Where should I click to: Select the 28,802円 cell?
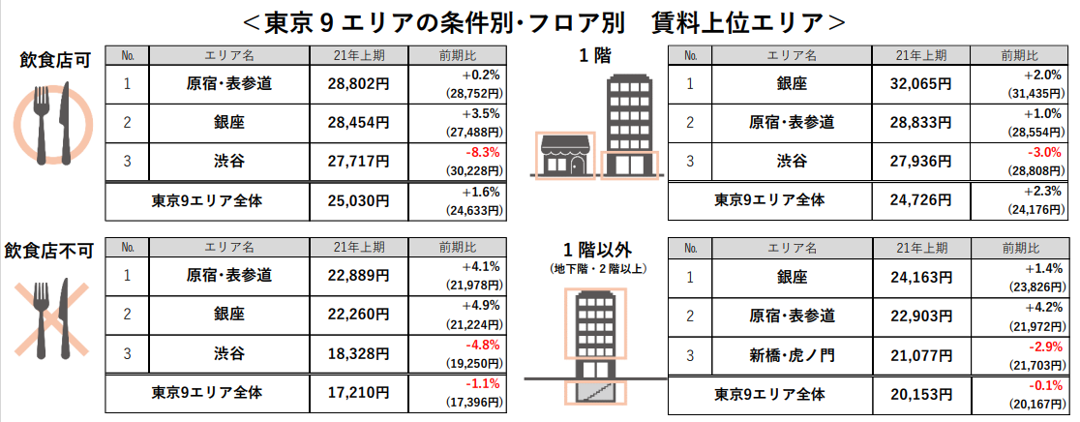pyautogui.click(x=355, y=84)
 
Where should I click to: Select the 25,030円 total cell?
pyautogui.click(x=355, y=201)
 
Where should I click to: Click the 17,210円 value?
pyautogui.click(x=355, y=394)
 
